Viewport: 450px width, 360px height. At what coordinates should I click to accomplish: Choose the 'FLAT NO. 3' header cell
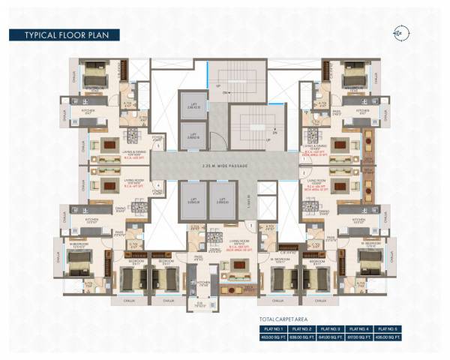pos(330,328)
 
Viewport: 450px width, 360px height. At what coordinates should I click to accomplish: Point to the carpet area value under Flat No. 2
pos(301,337)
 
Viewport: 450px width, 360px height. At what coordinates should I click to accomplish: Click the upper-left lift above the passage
pos(193,106)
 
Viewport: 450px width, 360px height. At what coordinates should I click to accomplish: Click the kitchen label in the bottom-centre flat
pos(201,283)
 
